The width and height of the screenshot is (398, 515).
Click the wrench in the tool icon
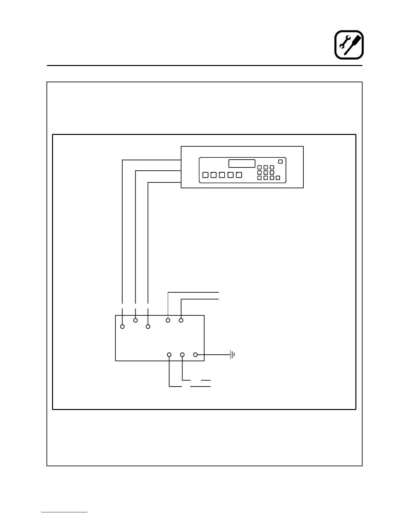(344, 42)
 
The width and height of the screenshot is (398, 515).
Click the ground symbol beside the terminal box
(232, 355)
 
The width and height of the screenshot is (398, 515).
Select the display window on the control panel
(242, 164)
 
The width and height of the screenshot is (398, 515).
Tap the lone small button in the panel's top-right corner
(281, 162)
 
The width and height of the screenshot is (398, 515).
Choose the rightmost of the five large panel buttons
(239, 175)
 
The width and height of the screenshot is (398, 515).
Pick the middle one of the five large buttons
(222, 175)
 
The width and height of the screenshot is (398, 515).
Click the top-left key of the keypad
(259, 167)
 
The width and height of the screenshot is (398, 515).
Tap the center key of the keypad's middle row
(266, 173)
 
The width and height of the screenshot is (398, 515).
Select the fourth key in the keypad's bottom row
(278, 178)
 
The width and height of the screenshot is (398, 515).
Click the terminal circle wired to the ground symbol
(195, 355)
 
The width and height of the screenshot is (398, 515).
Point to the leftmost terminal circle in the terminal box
(123, 326)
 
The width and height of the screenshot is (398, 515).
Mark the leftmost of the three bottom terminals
(169, 355)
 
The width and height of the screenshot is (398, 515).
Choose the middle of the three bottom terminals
(182, 355)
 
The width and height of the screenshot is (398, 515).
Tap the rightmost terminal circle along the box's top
(181, 320)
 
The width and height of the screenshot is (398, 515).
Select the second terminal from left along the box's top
(136, 320)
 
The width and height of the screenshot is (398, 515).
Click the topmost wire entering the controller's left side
(151, 160)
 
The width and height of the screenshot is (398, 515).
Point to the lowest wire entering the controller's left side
(164, 183)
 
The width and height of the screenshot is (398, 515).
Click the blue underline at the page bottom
(64, 512)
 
